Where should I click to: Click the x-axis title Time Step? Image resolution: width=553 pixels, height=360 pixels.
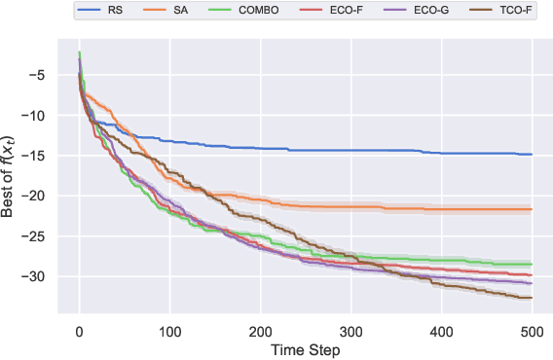pyautogui.click(x=305, y=347)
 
